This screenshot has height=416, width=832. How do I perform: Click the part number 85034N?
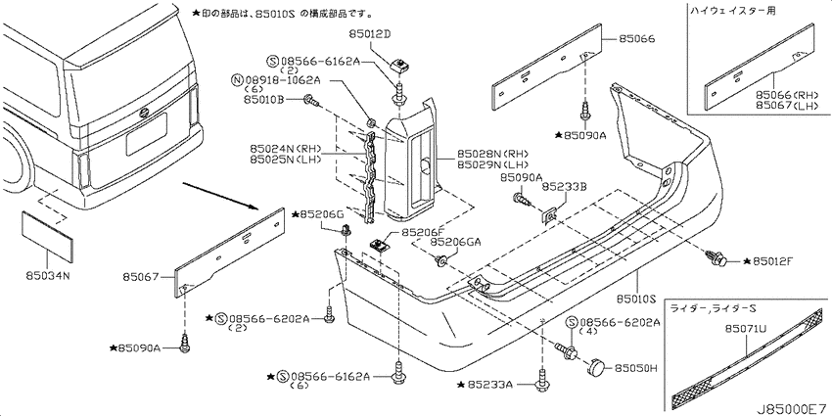[47, 275]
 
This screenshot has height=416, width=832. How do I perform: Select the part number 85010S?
[637, 300]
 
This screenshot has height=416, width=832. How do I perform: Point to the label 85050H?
[635, 367]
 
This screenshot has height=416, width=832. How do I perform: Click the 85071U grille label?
[746, 330]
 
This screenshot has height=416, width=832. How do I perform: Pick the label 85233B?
[564, 187]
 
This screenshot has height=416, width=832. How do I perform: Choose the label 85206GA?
[455, 242]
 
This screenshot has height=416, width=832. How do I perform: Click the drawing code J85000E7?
[793, 409]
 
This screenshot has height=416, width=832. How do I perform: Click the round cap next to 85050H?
[597, 366]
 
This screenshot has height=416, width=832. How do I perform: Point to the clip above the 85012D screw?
[397, 65]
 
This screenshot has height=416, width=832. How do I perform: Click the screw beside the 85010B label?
[311, 99]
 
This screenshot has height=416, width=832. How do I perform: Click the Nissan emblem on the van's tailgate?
[143, 113]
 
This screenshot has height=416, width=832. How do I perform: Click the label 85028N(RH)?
[483, 155]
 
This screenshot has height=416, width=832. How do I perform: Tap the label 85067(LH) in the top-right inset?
[786, 105]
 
